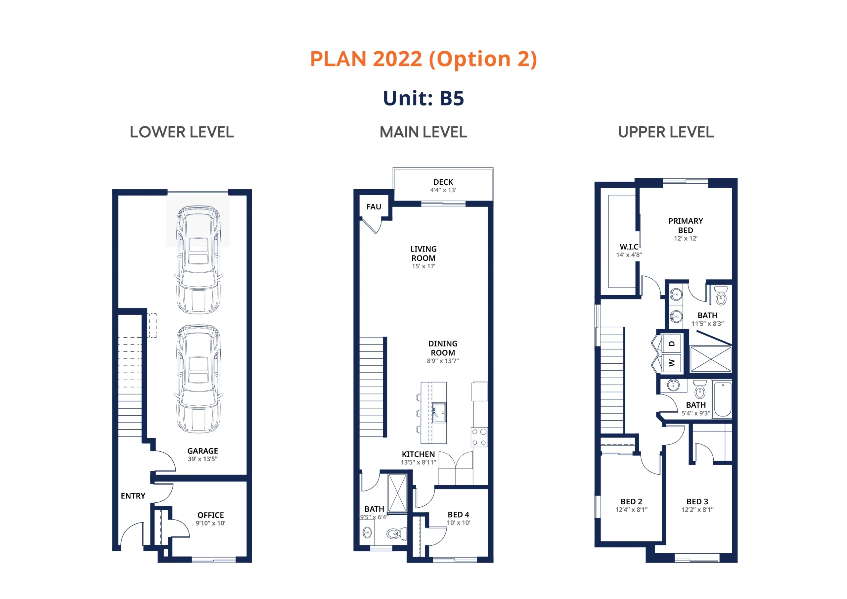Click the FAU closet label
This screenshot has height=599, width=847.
(374, 207)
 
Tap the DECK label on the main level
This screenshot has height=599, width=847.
(443, 182)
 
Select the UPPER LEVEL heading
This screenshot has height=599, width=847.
(666, 132)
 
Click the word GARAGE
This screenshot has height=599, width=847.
(202, 451)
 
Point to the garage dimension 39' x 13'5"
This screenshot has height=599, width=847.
(202, 459)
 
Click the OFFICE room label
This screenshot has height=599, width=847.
(211, 515)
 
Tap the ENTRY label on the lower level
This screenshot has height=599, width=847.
(133, 496)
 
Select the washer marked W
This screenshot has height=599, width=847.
(671, 363)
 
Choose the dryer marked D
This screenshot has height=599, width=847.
(671, 344)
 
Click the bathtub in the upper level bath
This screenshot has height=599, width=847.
(722, 399)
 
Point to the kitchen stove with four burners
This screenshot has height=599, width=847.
(479, 437)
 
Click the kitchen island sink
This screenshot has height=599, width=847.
(439, 412)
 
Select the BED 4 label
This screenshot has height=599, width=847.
(458, 515)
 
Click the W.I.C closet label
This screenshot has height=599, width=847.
(629, 247)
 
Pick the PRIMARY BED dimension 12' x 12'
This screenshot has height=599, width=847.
(686, 238)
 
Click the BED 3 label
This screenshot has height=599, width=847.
(697, 502)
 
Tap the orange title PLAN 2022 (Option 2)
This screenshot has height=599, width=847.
(423, 59)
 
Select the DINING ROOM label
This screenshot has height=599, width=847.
(443, 348)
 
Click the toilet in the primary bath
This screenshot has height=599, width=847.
(721, 296)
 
